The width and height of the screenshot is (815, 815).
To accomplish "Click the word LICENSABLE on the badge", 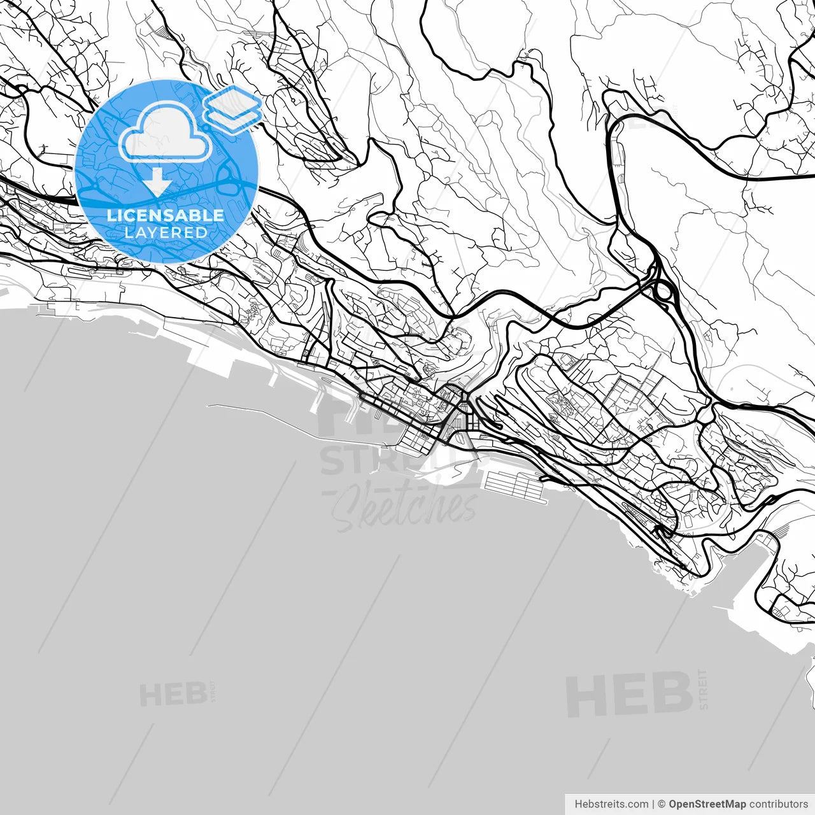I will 166,215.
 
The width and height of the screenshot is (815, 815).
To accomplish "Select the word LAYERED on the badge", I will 166,232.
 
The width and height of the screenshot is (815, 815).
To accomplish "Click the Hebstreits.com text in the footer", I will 611,804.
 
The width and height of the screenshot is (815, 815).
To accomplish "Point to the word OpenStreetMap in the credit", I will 707,804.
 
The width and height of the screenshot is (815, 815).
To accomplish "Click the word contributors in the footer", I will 778,804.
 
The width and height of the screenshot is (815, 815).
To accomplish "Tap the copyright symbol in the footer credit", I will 662,804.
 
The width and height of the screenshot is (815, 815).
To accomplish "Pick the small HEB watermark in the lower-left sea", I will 173,695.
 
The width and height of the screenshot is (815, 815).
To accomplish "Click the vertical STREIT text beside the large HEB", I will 703,689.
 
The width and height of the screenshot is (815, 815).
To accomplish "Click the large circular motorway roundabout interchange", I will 663,292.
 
